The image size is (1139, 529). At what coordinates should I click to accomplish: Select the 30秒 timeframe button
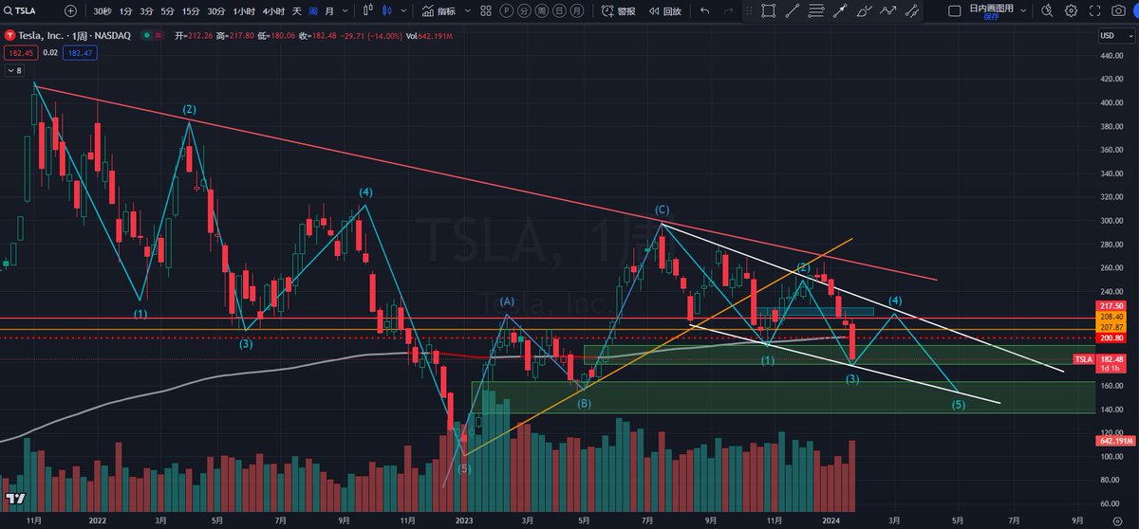click(103, 11)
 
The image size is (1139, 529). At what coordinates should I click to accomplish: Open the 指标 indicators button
click(439, 11)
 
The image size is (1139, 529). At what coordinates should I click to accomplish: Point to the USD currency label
click(1108, 36)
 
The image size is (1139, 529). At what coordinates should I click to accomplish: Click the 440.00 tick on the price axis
click(1111, 55)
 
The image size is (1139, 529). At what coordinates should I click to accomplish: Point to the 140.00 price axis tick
click(1111, 409)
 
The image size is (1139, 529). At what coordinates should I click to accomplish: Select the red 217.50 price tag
click(1112, 305)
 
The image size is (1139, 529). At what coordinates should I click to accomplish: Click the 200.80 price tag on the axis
click(1112, 338)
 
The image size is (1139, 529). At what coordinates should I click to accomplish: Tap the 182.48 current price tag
click(1112, 358)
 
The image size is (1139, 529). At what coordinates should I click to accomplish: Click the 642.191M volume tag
click(1112, 441)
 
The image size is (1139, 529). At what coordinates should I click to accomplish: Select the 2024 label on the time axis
click(829, 520)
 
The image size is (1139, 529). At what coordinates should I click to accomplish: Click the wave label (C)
click(662, 210)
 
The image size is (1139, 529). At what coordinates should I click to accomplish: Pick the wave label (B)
click(585, 403)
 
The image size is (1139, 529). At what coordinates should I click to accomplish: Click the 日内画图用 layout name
click(991, 8)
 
